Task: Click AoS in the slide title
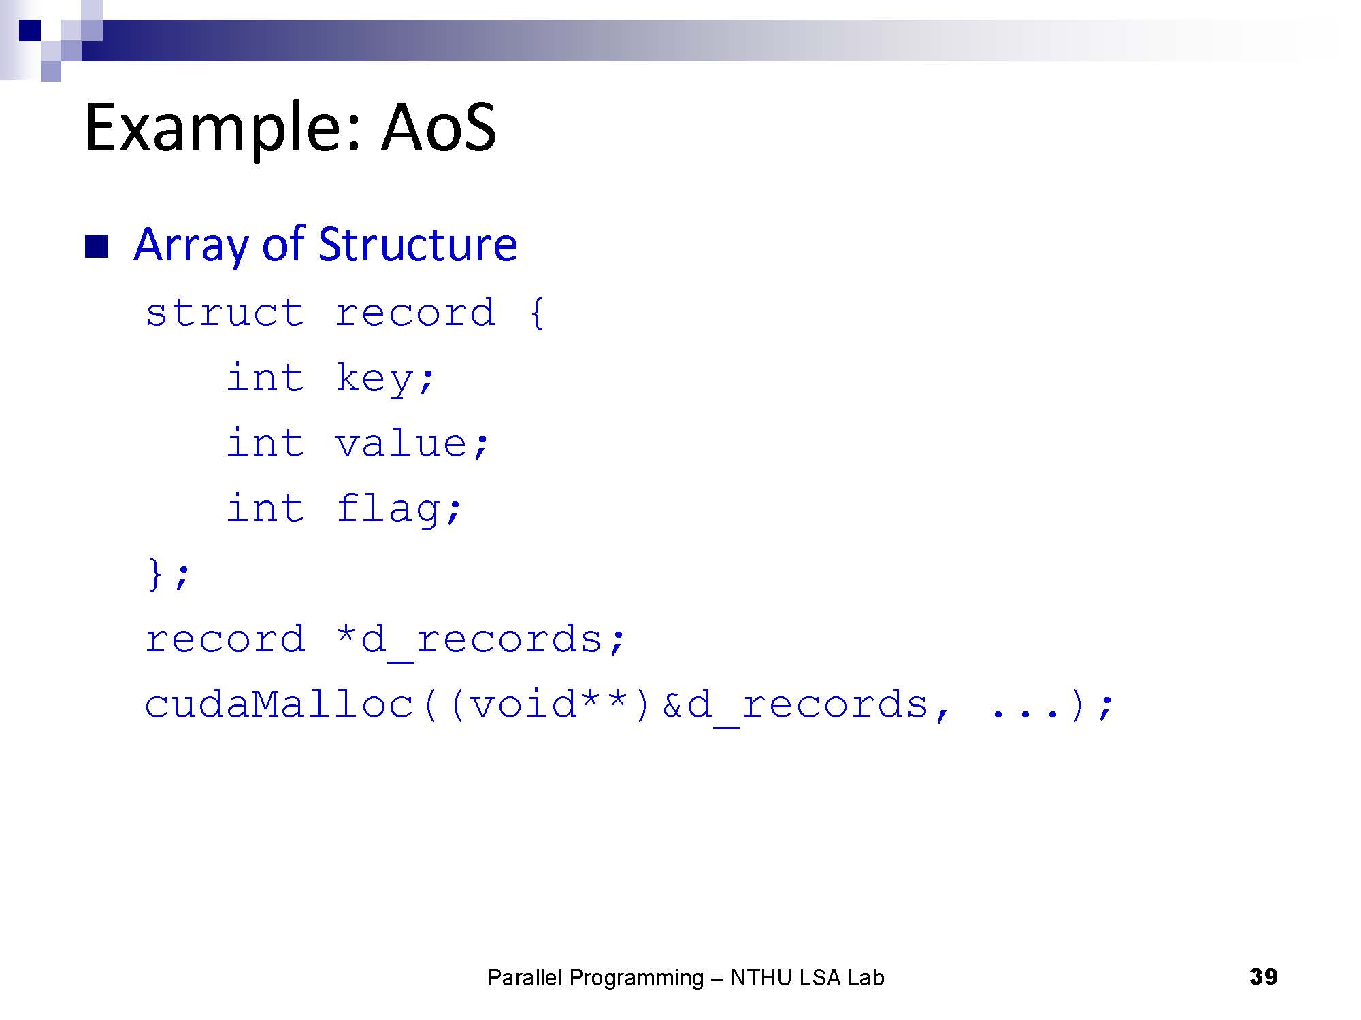point(439,127)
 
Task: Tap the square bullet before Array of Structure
point(97,247)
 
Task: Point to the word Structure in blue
point(417,244)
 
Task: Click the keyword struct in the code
point(225,313)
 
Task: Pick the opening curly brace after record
point(537,313)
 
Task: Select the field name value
point(402,444)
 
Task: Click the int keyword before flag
point(265,508)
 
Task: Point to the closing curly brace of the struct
point(155,573)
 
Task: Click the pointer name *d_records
point(470,640)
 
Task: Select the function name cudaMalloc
point(280,704)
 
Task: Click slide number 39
point(1263,976)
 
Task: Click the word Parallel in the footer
point(525,978)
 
